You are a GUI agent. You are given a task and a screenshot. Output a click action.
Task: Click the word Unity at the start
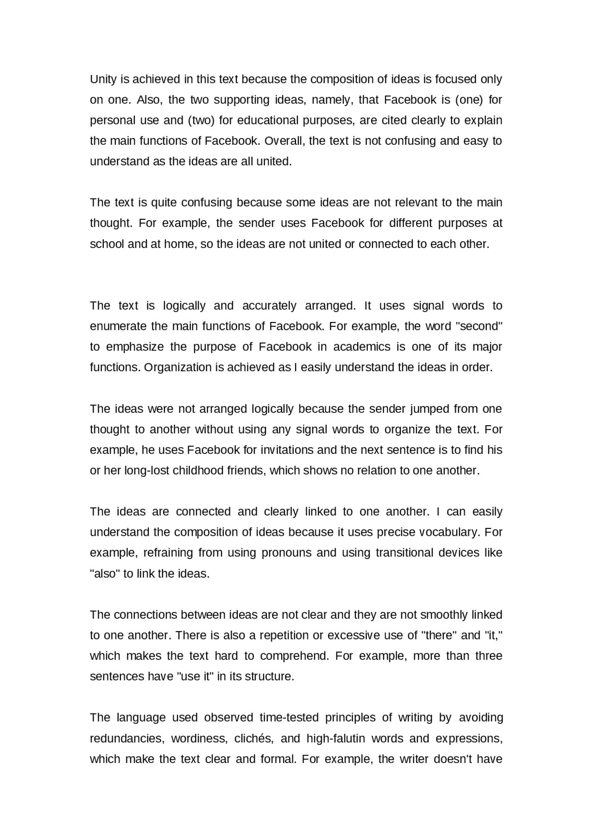click(103, 80)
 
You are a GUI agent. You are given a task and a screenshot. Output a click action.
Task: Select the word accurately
click(269, 306)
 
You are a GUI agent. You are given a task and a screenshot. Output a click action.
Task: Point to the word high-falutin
click(336, 739)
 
